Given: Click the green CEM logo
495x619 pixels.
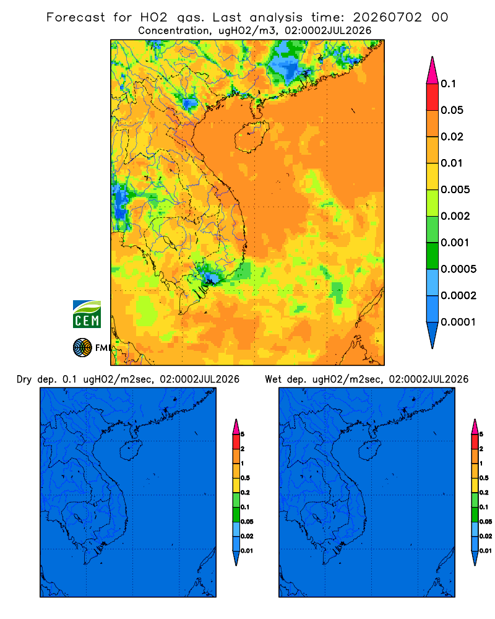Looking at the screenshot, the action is (x=87, y=314).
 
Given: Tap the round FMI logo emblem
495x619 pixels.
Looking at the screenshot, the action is (x=82, y=347).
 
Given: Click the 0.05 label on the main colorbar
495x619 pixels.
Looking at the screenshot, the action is (x=452, y=110).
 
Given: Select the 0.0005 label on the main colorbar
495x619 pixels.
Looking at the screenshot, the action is (x=458, y=269).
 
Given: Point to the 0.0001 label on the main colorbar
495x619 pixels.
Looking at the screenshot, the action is (x=458, y=322).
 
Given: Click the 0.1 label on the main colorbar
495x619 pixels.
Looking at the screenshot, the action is (x=448, y=84).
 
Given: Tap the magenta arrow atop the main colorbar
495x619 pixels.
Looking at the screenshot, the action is (x=433, y=70).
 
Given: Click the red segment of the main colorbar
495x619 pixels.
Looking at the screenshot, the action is (x=433, y=97).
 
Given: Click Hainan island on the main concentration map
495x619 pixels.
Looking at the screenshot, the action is (x=251, y=137).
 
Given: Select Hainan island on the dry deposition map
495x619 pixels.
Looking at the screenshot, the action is (x=131, y=450).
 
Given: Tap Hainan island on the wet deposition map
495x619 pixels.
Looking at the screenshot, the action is (x=370, y=450).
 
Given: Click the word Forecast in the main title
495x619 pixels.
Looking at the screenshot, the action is (x=75, y=17).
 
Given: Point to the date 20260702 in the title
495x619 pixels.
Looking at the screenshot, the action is (x=387, y=17).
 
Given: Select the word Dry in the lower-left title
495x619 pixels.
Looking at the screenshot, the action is (x=24, y=379).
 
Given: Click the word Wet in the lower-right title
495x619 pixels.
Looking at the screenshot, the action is (x=273, y=379).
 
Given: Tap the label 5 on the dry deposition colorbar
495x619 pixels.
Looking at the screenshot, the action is (x=243, y=435).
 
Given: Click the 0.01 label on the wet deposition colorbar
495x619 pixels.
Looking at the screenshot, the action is (x=486, y=551).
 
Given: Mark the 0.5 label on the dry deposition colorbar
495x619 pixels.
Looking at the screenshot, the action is (x=245, y=478).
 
